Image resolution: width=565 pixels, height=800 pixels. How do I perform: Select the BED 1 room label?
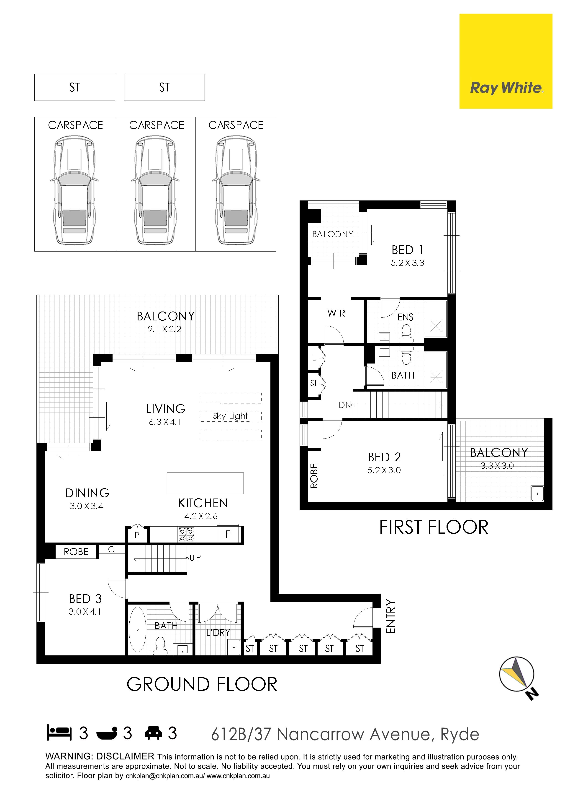407,250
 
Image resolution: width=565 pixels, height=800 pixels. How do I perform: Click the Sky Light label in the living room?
230,416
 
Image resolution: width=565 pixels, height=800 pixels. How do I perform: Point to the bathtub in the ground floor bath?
138,629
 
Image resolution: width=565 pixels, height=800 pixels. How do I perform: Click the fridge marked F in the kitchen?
228,534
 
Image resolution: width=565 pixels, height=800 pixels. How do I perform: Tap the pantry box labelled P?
137,534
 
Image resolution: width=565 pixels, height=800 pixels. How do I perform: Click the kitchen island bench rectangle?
205,483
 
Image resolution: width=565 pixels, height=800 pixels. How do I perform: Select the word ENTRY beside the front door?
391,617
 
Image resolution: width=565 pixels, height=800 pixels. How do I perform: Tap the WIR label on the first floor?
336,313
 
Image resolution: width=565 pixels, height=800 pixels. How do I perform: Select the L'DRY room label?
218,632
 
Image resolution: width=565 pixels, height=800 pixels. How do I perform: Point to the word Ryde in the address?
460,734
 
